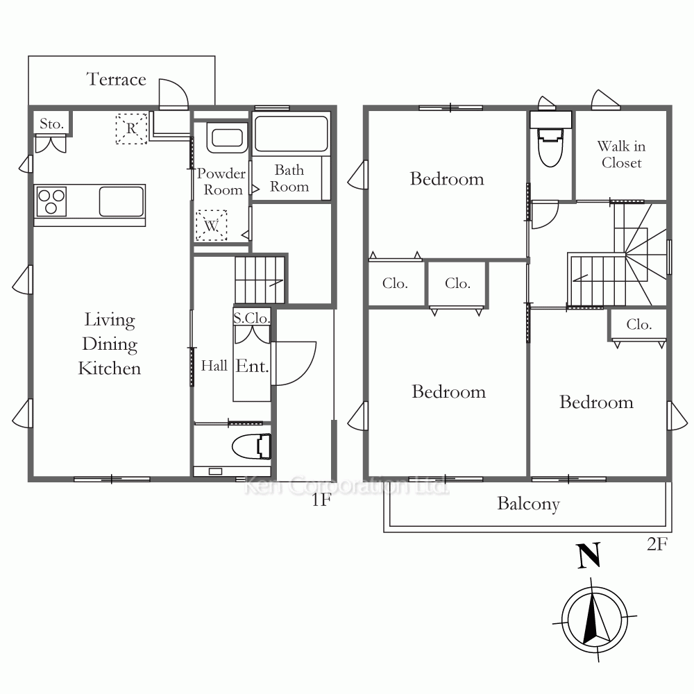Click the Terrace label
(116, 79)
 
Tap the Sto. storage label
(52, 124)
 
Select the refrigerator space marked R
(131, 129)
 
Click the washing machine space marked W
(211, 226)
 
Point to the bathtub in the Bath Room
(291, 134)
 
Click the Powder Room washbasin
(227, 138)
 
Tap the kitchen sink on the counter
(121, 201)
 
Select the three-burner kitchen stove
(51, 201)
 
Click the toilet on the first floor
(251, 446)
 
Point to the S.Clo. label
(251, 318)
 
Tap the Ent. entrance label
(253, 366)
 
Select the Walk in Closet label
(621, 154)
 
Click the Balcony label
(528, 504)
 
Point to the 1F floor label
(321, 500)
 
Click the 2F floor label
(657, 544)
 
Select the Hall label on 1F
(214, 366)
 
